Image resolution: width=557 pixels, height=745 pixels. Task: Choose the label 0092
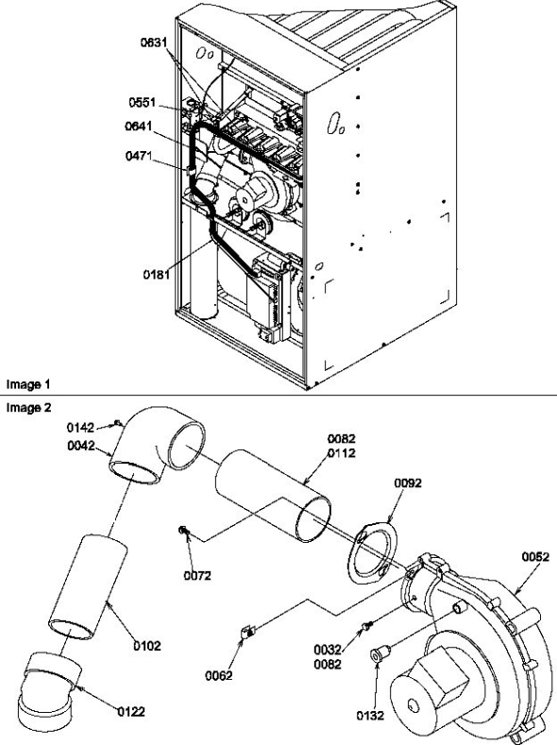[x=407, y=483]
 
